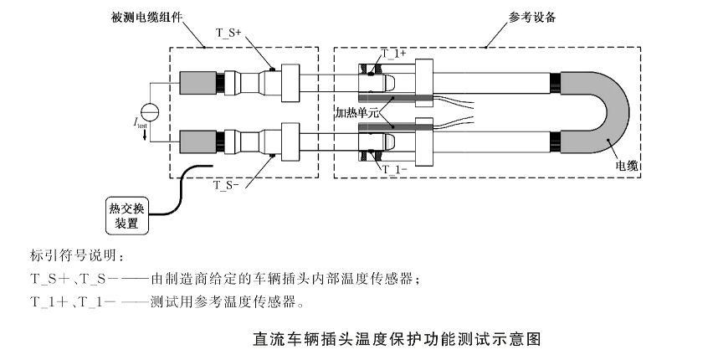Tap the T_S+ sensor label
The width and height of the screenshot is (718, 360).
[228, 33]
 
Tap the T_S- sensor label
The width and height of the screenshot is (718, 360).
[227, 183]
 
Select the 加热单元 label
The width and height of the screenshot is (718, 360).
[358, 111]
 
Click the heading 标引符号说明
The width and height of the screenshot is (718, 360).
[76, 254]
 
